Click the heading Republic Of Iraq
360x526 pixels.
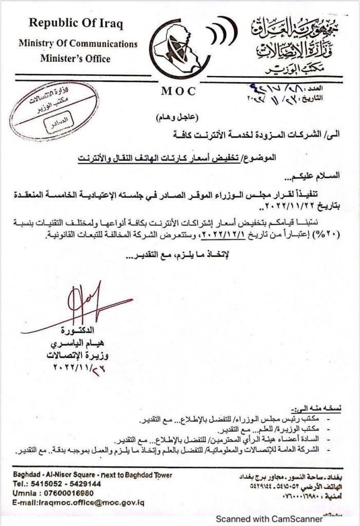(x=75, y=24)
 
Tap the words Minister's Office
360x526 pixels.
(x=75, y=59)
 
